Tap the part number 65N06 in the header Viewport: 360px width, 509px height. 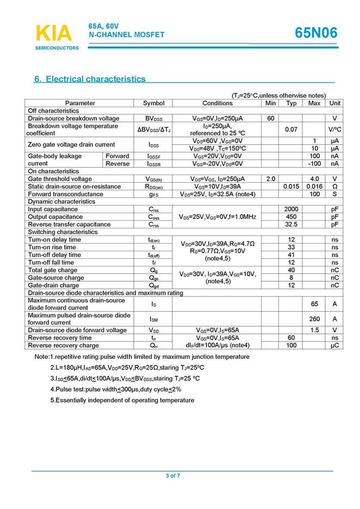(x=316, y=33)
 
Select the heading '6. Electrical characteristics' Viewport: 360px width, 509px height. (x=90, y=79)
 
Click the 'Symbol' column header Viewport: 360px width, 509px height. (x=153, y=103)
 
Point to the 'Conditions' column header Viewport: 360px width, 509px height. (x=218, y=103)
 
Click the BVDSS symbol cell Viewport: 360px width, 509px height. (x=153, y=118)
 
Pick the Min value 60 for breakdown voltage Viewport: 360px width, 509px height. (x=270, y=118)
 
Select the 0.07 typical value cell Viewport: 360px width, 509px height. (x=291, y=129)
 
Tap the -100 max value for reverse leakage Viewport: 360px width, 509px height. (x=314, y=164)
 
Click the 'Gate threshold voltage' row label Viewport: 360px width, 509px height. (x=60, y=179)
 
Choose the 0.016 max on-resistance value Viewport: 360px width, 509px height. (x=314, y=187)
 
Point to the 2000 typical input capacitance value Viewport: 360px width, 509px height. (x=291, y=209)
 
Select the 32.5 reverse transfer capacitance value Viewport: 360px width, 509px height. (x=291, y=225)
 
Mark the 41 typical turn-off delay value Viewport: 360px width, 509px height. (x=291, y=255)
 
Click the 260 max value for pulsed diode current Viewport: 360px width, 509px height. (x=314, y=319)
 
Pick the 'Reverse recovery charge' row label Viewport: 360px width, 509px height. (x=63, y=345)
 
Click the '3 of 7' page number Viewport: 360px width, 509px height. (x=173, y=476)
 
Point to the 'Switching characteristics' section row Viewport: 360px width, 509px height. (x=63, y=232)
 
